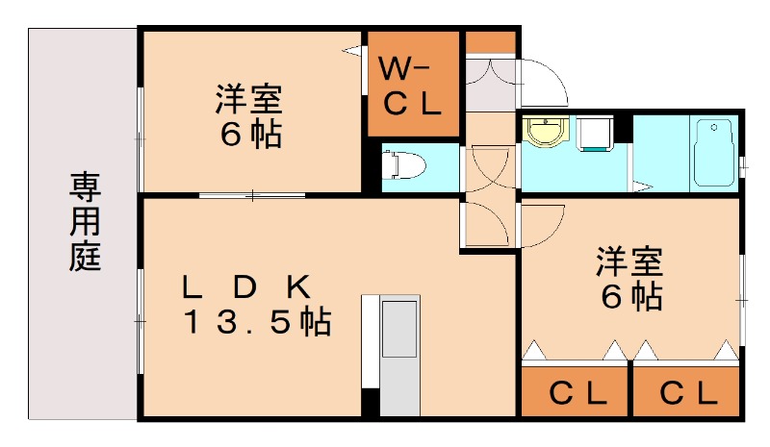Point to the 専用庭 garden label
click(85, 222)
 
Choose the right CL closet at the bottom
click(688, 392)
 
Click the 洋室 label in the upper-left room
click(248, 99)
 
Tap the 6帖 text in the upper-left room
click(251, 135)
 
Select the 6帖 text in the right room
click(631, 296)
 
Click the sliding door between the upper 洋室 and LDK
click(252, 196)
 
